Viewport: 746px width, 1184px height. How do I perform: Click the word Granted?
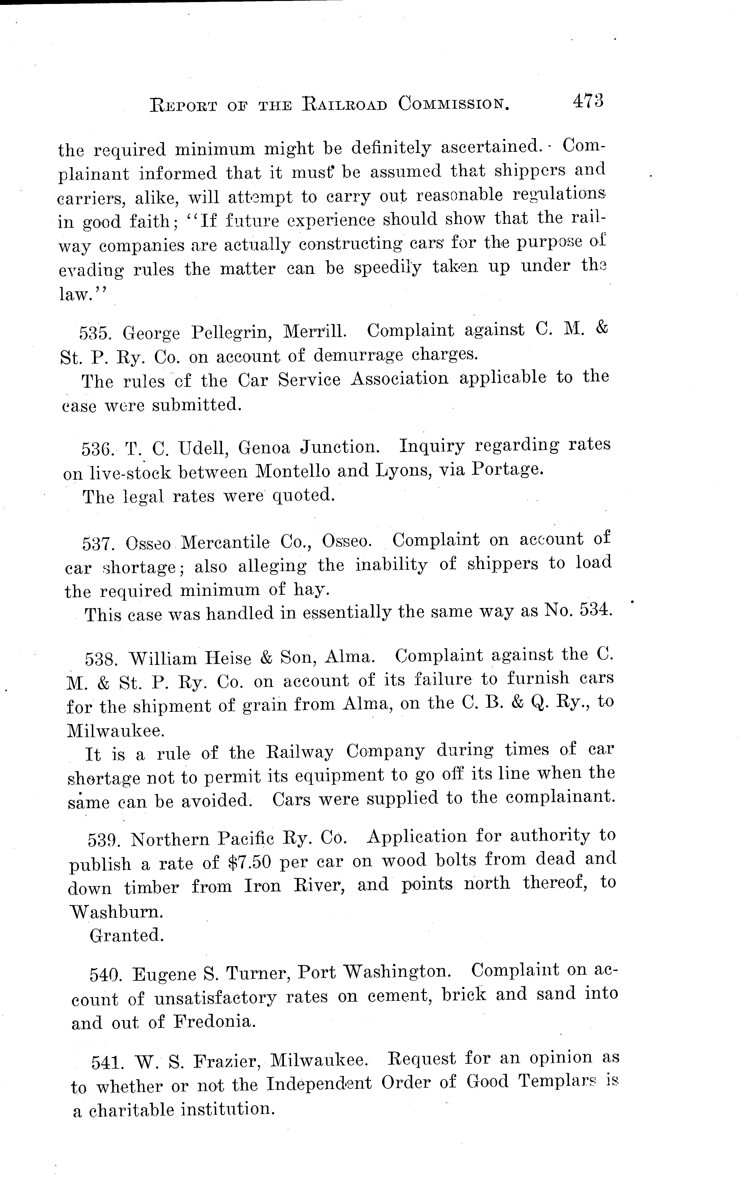coord(126,935)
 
